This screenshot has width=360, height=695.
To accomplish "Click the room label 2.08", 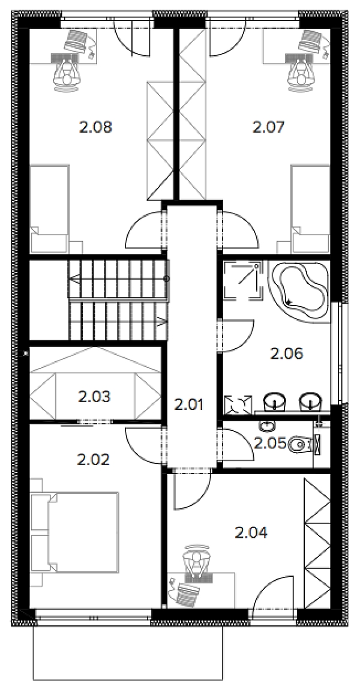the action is click(x=95, y=128).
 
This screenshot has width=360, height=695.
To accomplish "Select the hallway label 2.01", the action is click(x=189, y=405).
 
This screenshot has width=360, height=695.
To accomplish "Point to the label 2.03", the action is click(x=94, y=396).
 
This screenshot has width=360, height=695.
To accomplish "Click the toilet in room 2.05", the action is click(x=300, y=444).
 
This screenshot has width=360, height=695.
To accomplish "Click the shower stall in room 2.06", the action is click(x=241, y=279).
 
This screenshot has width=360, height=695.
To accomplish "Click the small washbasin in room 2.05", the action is click(x=266, y=427).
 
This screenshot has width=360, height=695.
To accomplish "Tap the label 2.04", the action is click(x=251, y=532).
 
